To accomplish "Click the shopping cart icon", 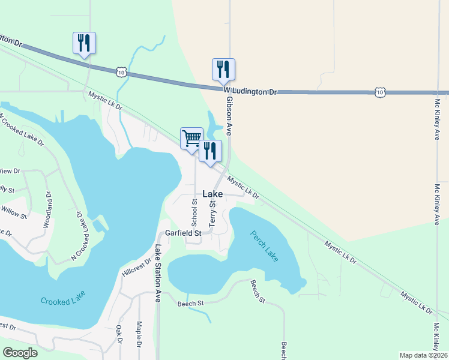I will coord(191,138).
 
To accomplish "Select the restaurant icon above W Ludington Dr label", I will coord(223,69).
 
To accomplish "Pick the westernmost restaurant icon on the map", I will coord(84,43).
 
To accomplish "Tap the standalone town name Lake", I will coord(212,194).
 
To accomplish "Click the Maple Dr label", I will coord(139,335).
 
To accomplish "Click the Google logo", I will coord(20,353).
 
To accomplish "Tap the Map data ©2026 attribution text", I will coord(423,355).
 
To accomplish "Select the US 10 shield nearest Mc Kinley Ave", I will coord(379,92).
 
